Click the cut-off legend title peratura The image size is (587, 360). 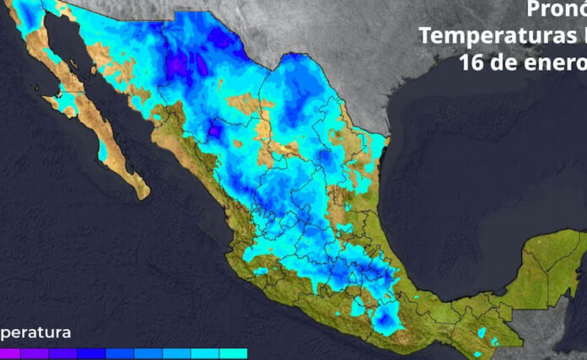click(35, 332)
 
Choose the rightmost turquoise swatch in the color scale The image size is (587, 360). click(234, 354)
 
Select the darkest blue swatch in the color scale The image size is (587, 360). click(92, 354)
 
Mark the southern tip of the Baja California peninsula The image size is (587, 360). click(144, 195)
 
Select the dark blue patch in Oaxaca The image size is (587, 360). click(388, 319)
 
